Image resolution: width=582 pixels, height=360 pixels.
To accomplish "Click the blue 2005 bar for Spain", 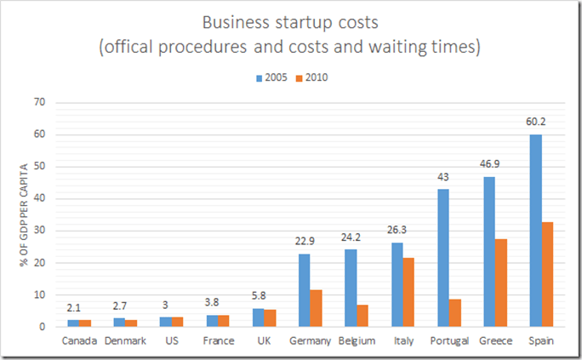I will point(535,230).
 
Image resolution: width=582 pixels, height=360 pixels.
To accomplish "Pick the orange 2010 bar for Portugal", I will point(455,312).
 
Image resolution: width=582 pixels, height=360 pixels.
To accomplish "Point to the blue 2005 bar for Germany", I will point(305,289).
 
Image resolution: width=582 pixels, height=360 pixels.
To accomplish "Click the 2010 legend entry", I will point(310,77).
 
